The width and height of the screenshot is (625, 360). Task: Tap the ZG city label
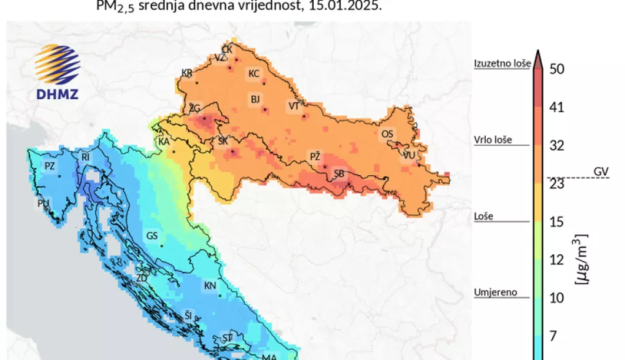click(x=195, y=108)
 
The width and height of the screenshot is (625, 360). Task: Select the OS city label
click(x=387, y=134)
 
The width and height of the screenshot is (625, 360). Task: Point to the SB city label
click(x=339, y=173)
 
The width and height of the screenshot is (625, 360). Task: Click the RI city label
click(x=85, y=156)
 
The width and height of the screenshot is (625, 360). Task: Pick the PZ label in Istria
click(x=50, y=166)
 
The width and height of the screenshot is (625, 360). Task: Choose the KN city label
click(x=210, y=285)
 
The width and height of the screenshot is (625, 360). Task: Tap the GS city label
click(x=152, y=236)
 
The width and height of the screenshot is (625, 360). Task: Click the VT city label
click(x=294, y=106)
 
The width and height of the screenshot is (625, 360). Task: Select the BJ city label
click(x=255, y=99)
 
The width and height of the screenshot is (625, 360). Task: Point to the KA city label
click(x=164, y=141)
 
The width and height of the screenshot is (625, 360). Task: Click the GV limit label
click(x=601, y=171)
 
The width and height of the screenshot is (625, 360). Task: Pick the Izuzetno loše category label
click(x=502, y=63)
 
